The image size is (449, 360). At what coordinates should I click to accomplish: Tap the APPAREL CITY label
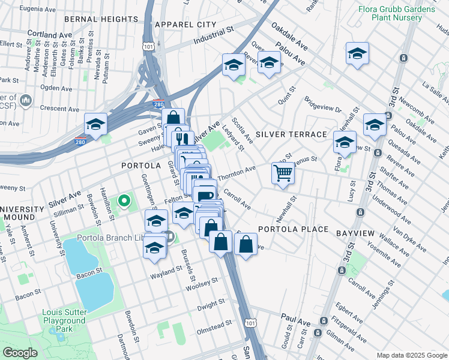185,25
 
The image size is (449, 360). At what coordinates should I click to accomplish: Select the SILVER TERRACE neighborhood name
291,134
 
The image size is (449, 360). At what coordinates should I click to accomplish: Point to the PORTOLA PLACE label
294,229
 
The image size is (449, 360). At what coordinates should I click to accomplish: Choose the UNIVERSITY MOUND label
22,213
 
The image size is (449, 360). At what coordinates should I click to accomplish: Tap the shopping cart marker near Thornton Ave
283,173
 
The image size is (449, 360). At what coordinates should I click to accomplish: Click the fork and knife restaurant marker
182,139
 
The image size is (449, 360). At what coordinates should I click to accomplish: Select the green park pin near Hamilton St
124,200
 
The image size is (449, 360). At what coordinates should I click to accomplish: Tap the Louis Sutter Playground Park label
65,320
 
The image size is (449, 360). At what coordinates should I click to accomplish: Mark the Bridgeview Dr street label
322,106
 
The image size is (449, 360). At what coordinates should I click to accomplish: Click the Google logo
20,353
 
